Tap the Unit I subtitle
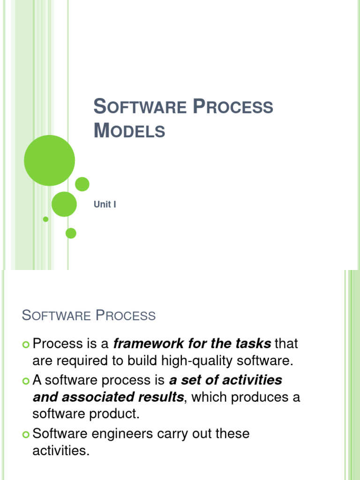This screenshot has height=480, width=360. click(x=105, y=205)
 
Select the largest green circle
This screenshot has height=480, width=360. click(x=49, y=160)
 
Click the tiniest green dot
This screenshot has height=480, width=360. click(x=45, y=219)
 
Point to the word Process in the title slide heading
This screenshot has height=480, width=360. click(x=233, y=106)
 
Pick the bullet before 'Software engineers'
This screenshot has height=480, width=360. click(x=25, y=435)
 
